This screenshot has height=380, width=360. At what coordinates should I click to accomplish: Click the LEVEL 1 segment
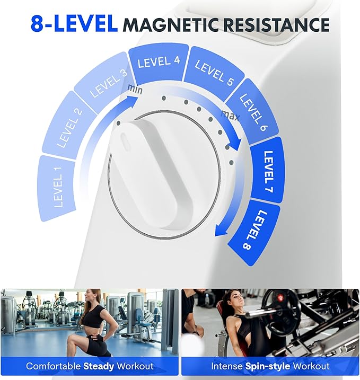point(58,187)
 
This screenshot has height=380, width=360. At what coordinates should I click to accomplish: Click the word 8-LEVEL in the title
point(74,24)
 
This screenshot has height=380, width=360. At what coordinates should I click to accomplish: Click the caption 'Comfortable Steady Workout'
point(90,366)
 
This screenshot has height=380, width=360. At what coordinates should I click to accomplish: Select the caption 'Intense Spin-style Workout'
point(270,366)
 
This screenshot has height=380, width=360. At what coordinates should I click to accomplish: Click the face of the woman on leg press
point(229,299)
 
